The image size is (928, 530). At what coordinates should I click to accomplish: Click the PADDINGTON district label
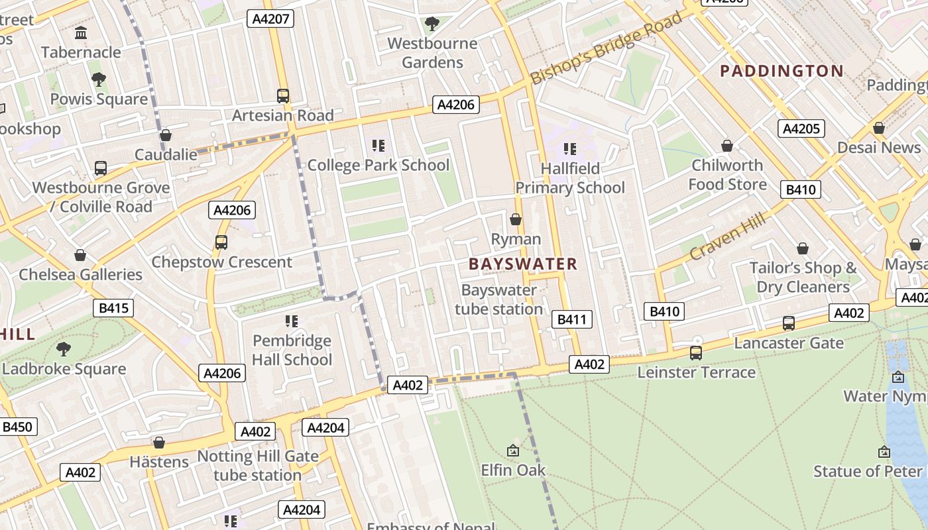[x=782, y=71]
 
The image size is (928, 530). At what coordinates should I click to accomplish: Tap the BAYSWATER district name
[x=523, y=264]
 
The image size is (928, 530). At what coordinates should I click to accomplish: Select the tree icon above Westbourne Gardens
[x=432, y=25]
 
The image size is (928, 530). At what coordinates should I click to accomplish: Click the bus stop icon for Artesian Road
[x=283, y=96]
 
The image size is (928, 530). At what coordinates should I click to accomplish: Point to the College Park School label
[x=378, y=165]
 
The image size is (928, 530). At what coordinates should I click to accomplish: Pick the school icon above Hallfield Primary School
[x=570, y=149]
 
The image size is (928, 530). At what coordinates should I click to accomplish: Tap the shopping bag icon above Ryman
[x=516, y=219]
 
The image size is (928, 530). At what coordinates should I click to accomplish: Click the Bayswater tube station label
[x=499, y=299]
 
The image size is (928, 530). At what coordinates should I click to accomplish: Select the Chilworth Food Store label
[x=727, y=174]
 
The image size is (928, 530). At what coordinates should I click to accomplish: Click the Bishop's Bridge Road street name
[x=606, y=48]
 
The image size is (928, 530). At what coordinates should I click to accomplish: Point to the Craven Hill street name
[x=727, y=237]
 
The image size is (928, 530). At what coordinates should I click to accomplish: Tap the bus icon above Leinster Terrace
[x=695, y=353]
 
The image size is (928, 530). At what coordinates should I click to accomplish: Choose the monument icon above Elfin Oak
[x=512, y=451]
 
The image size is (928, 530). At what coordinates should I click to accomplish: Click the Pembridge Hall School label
[x=292, y=350]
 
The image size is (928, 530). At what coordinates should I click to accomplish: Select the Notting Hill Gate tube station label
[x=258, y=466]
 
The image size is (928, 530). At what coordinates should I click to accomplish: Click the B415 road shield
[x=113, y=308]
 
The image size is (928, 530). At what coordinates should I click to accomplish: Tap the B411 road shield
[x=571, y=320]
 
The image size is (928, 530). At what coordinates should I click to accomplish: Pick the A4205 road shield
[x=801, y=129]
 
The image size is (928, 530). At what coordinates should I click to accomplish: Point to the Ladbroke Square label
[x=64, y=369]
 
